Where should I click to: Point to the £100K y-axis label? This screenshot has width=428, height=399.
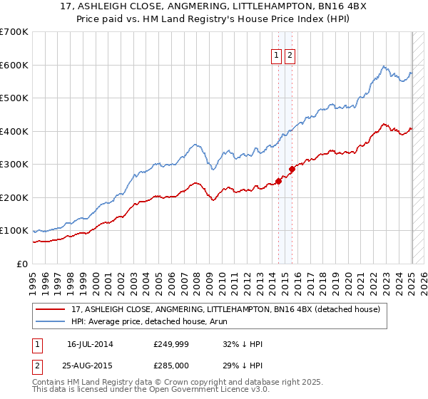tap(14, 231)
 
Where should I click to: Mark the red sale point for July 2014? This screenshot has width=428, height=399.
tap(279, 181)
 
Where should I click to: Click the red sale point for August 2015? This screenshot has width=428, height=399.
tap(292, 170)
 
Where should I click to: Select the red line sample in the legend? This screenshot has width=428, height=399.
tap(51, 309)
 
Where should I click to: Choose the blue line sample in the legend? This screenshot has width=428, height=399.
tap(51, 321)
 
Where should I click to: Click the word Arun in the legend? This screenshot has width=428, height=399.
tap(219, 321)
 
